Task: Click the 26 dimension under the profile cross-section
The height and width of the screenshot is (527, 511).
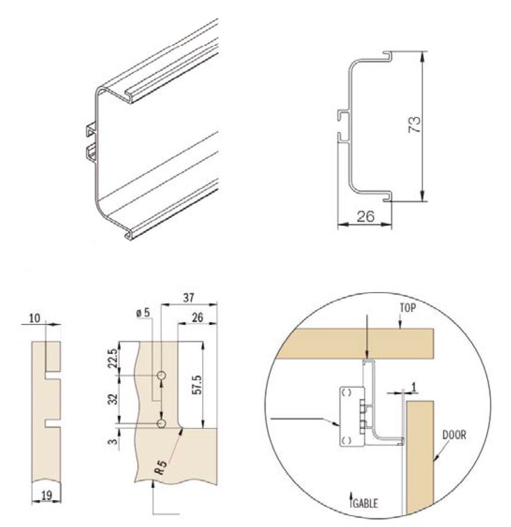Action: click(x=366, y=216)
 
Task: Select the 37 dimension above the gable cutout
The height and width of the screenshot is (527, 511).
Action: click(x=189, y=297)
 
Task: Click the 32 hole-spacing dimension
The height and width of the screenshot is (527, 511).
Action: click(x=113, y=399)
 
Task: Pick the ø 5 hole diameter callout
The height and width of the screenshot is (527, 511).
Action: click(x=143, y=313)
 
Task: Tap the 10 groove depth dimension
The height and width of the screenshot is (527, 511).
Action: click(x=35, y=318)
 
